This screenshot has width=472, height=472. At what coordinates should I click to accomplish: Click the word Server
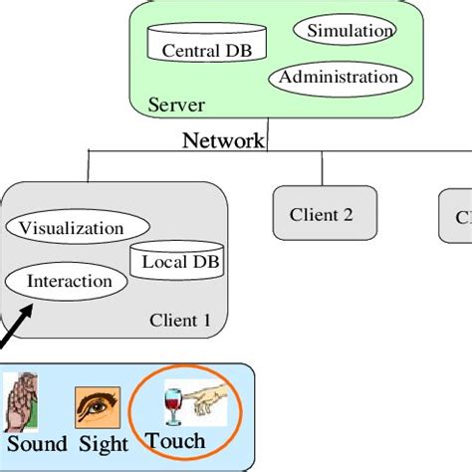point(176,104)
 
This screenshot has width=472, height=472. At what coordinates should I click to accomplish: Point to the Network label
point(223,140)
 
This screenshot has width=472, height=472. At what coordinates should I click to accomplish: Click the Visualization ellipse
point(72,228)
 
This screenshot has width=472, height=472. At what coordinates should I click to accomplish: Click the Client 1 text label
point(179,320)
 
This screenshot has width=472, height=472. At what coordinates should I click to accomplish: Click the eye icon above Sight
point(98,407)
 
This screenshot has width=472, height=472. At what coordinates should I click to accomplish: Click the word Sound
point(36,444)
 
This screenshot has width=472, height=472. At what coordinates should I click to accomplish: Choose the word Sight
point(103,444)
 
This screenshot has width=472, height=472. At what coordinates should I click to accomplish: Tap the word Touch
point(175,440)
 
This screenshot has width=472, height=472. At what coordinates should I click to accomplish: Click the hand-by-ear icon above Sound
point(22,401)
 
